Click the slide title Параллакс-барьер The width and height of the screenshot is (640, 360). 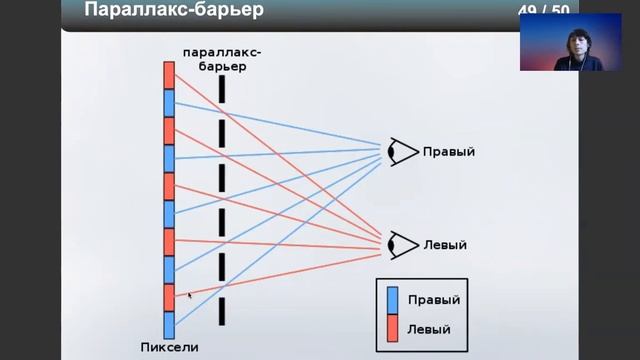coord(174,12)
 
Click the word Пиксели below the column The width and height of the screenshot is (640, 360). coord(169,348)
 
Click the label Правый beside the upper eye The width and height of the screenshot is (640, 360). coord(448,152)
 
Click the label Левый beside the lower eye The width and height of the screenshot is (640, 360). coord(444,244)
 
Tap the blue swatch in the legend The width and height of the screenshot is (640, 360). coord(392,300)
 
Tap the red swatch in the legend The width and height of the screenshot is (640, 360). coord(392,328)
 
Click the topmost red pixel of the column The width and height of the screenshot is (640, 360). coord(169,75)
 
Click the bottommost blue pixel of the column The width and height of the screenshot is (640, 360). coord(169,324)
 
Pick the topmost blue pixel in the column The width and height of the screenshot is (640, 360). coord(169,103)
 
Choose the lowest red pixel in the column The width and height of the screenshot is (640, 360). coord(169,297)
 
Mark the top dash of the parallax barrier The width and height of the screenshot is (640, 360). coord(221,88)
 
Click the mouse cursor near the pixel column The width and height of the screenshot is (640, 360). coord(190,295)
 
